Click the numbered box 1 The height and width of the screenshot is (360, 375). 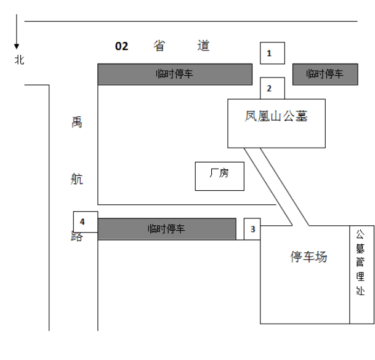pyautogui.click(x=272, y=53)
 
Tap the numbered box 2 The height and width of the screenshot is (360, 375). pyautogui.click(x=272, y=89)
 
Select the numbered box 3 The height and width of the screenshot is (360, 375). pyautogui.click(x=252, y=229)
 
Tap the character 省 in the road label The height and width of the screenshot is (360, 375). pyautogui.click(x=159, y=46)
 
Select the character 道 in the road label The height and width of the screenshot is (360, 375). pyautogui.click(x=204, y=46)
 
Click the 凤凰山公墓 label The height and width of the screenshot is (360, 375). pyautogui.click(x=276, y=116)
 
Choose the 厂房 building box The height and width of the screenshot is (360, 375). pyautogui.click(x=219, y=175)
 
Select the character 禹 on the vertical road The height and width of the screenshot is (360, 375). pyautogui.click(x=76, y=122)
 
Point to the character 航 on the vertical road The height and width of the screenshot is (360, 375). pyautogui.click(x=76, y=180)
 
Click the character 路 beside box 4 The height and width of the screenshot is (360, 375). pyautogui.click(x=76, y=237)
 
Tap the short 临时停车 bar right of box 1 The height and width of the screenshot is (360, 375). pyautogui.click(x=325, y=74)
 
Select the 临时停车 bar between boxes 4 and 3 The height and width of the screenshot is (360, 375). pyautogui.click(x=166, y=229)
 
